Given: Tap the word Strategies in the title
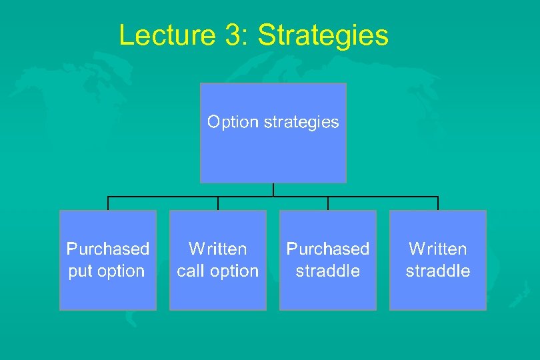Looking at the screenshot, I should click(323, 35).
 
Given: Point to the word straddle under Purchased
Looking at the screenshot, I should click(328, 271).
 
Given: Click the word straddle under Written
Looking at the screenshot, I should click(438, 271).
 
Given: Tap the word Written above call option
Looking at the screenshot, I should click(218, 249).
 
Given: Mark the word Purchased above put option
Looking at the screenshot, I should click(108, 249).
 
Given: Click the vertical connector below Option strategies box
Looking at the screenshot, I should click(273, 189).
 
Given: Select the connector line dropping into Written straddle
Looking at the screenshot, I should click(438, 203).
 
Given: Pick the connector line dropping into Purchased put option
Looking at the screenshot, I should click(108, 203).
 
